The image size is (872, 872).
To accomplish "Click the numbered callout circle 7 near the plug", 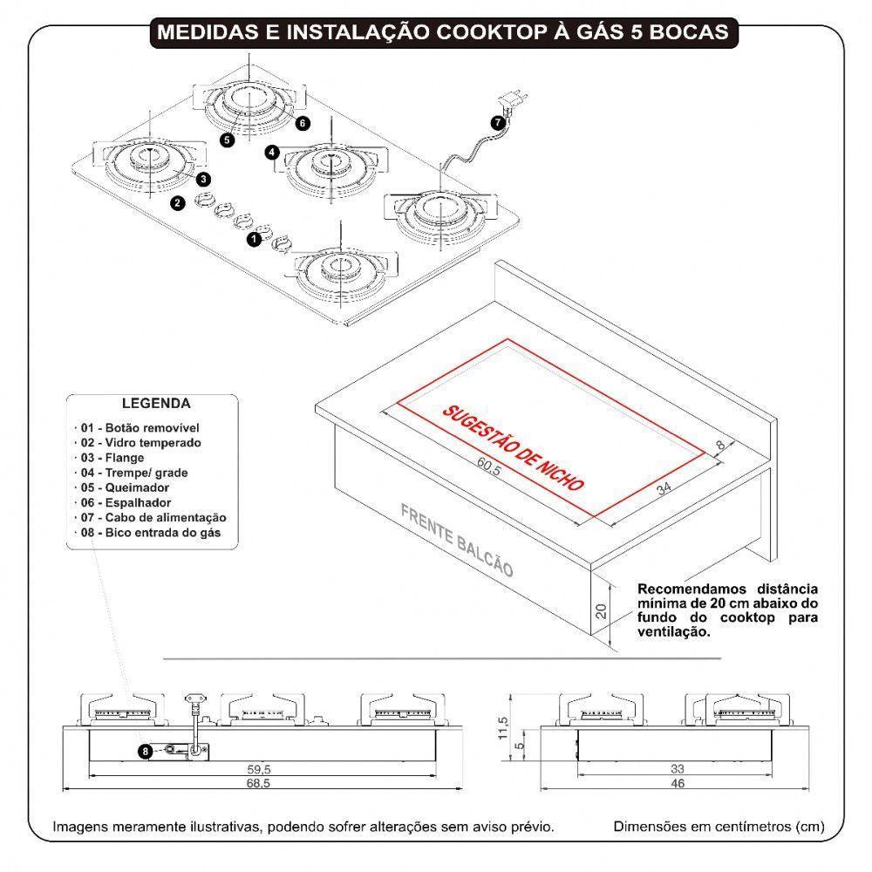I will click(497, 123).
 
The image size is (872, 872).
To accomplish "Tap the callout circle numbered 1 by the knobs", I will click(254, 236).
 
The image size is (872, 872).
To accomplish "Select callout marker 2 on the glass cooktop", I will click(177, 202).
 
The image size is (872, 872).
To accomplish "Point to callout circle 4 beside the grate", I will click(273, 152).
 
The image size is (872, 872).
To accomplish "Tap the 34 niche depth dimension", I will click(665, 488).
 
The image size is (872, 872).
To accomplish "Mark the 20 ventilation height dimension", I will click(600, 610).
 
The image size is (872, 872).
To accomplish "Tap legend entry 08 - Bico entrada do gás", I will click(150, 532).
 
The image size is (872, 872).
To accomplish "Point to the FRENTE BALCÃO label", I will click(457, 539).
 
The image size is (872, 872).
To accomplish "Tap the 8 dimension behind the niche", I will click(719, 445).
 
